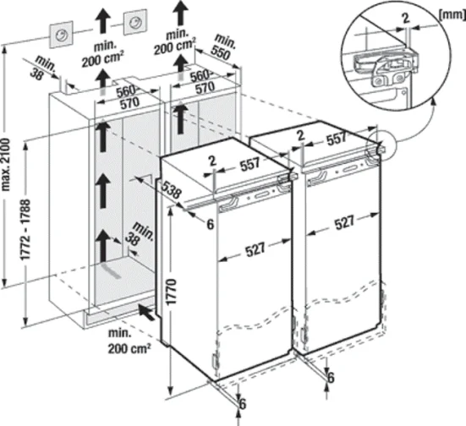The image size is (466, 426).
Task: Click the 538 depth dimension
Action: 172,192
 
